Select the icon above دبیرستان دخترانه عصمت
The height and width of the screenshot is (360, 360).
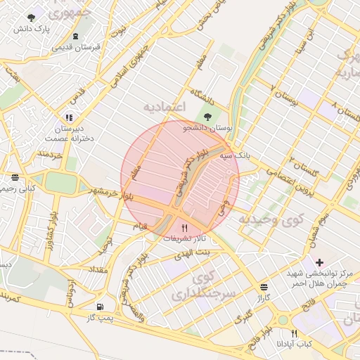pyautogui.click(x=68, y=117)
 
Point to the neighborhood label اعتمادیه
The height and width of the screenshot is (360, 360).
pyautogui.click(x=164, y=107)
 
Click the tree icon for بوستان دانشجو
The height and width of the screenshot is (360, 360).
pyautogui.click(x=207, y=117)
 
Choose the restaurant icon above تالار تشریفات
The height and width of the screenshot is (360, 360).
pyautogui.click(x=185, y=227)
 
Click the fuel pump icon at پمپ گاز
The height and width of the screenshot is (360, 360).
pyautogui.click(x=101, y=307)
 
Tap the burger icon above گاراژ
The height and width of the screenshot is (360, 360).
pyautogui.click(x=264, y=287)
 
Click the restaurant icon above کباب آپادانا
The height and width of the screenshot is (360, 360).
pyautogui.click(x=294, y=333)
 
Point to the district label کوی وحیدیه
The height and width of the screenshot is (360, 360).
pyautogui.click(x=269, y=220)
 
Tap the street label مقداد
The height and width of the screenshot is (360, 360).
pyautogui.click(x=98, y=269)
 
